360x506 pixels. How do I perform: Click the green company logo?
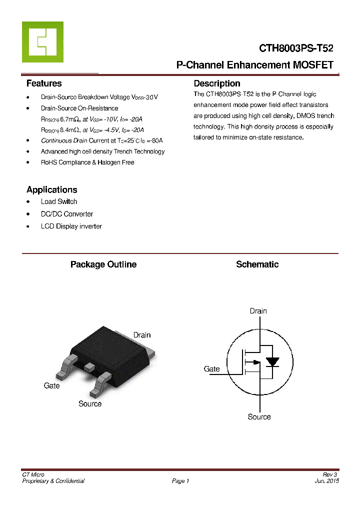[42, 42]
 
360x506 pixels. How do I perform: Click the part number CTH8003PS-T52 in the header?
[296, 48]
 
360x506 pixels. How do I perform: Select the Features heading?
[44, 83]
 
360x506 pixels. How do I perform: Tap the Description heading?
[217, 83]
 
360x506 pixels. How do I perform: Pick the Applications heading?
[51, 189]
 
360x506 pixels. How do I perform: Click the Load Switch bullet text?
[59, 201]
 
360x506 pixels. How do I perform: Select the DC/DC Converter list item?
[67, 214]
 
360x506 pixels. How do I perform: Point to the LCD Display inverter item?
[71, 226]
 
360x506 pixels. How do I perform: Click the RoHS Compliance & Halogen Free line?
[87, 162]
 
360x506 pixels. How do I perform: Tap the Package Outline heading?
[103, 264]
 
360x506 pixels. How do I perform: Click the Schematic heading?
[257, 264]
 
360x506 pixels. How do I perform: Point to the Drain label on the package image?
[141, 335]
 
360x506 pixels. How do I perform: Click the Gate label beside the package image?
[51, 385]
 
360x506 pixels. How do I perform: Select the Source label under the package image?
[90, 403]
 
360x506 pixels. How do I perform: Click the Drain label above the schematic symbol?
[258, 311]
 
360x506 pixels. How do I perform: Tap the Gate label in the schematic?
[211, 369]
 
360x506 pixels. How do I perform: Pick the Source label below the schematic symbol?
[259, 416]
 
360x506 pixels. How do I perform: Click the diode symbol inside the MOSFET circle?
[272, 362]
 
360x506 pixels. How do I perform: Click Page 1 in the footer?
[180, 481]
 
